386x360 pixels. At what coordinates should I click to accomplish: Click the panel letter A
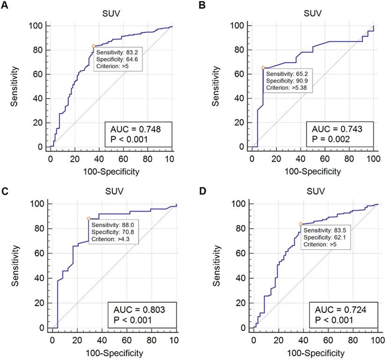pos(4,5)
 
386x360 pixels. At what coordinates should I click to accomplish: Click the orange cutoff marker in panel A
pos(94,46)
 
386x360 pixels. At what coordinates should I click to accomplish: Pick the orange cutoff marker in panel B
pos(263,68)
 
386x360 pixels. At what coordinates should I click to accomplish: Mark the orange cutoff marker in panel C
pos(88,218)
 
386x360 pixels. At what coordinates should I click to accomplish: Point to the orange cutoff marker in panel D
pos(300,224)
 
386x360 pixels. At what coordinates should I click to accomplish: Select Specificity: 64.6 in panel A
pos(116,59)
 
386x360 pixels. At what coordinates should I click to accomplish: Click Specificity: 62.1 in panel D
pos(322,238)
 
